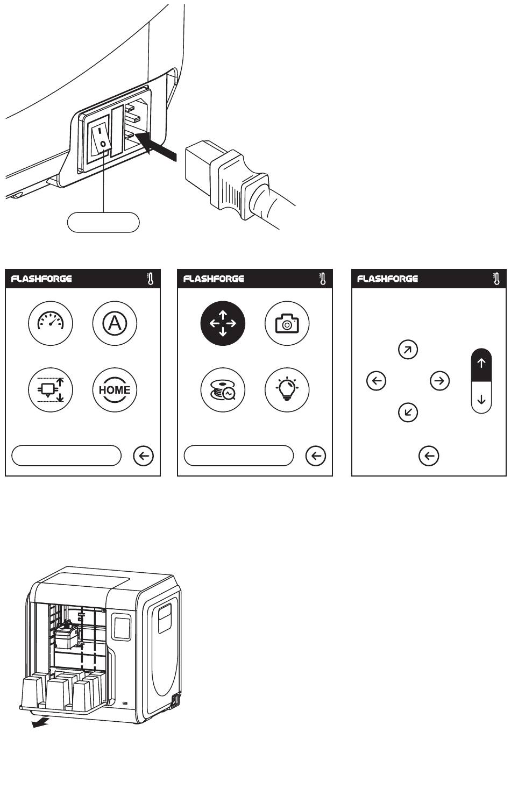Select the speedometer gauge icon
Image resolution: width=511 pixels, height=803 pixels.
click(51, 323)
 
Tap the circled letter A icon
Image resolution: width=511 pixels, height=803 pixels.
click(115, 323)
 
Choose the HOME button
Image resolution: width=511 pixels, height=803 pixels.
click(115, 390)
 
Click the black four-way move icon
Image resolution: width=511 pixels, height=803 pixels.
click(223, 323)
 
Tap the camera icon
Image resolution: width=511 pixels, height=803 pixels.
click(287, 323)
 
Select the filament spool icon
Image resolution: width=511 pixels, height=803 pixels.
click(223, 390)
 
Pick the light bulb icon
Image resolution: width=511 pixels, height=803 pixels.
click(287, 390)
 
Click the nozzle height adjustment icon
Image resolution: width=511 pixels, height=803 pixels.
click(51, 390)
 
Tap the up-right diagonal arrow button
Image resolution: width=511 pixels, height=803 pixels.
click(408, 350)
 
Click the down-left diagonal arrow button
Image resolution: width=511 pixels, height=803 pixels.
click(408, 413)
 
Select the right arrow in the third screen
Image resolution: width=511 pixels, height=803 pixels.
click(440, 381)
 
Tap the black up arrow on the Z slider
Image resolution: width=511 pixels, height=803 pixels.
click(481, 364)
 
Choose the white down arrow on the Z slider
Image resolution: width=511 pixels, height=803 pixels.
click(481, 400)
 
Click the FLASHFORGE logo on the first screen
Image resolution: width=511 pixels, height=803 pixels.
click(41, 279)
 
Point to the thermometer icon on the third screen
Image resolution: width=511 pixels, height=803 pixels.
click(497, 279)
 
